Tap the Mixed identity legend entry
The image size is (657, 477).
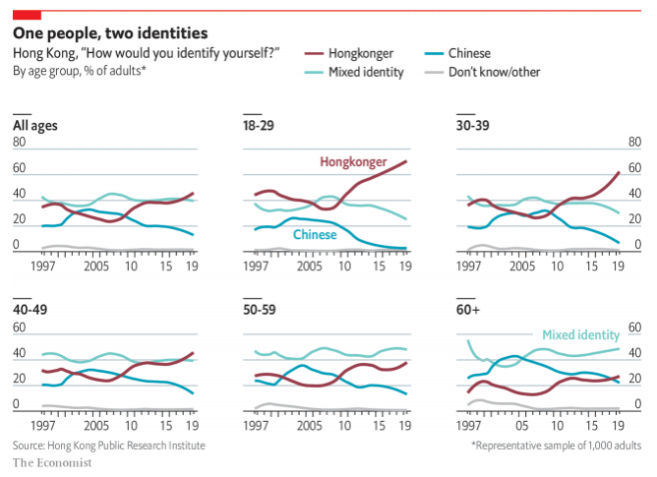pos(368,72)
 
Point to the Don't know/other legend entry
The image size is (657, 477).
pos(494,72)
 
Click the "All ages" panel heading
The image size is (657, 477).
pos(33,126)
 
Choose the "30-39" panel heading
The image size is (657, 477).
pos(473,126)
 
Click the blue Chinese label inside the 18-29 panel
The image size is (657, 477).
pos(315,235)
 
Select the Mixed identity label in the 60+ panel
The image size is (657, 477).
pos(580,334)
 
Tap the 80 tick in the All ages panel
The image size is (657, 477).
pos(19,143)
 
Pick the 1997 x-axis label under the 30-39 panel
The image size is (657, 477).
pos(471,266)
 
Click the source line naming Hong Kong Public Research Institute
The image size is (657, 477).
pos(109,446)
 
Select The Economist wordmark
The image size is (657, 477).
pos(52,462)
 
